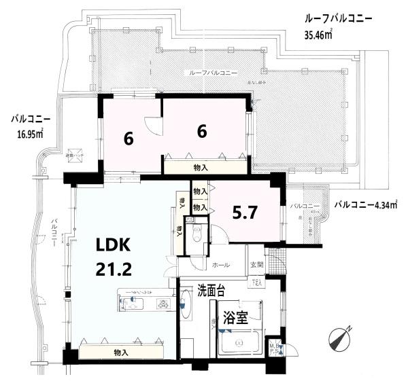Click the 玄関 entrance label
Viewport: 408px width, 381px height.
256,265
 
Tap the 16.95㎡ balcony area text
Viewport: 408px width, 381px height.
29,133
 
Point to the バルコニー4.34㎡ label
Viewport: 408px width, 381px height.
367,203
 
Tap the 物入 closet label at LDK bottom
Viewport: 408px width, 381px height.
122,352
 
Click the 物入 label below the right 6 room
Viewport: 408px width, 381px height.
201,165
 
